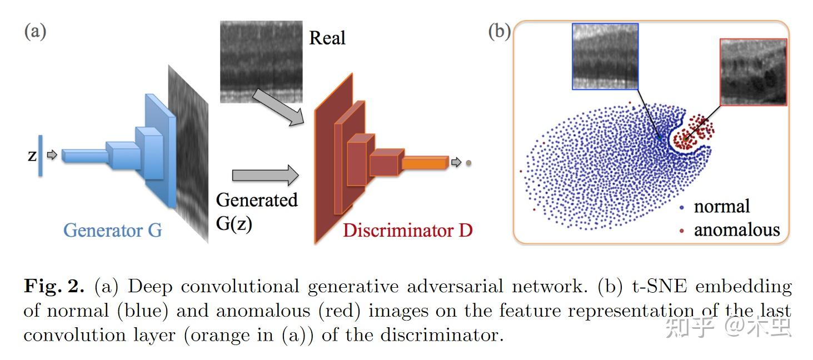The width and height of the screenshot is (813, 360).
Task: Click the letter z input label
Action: (x=32, y=156)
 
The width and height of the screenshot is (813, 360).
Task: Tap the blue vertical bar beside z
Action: (x=40, y=156)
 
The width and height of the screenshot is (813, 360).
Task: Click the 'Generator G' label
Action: (x=112, y=229)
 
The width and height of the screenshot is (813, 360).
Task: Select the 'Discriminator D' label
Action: (x=407, y=230)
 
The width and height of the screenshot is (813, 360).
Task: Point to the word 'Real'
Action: (x=327, y=38)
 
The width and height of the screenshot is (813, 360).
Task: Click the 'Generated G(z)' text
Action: (x=256, y=211)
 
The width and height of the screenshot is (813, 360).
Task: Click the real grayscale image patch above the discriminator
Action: (x=260, y=61)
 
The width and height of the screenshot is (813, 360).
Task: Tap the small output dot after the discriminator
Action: (x=469, y=163)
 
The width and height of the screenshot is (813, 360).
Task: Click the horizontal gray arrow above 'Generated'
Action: (x=265, y=176)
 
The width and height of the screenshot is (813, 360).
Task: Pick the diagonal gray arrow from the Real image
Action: (x=277, y=107)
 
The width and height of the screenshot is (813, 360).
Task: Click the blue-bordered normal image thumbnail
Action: (x=605, y=56)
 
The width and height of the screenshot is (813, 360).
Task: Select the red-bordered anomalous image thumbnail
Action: (x=753, y=72)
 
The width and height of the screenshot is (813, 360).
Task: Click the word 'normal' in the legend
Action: (x=721, y=207)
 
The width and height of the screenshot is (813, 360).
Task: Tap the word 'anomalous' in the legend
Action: (x=736, y=229)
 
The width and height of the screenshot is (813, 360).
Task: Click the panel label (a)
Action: (x=34, y=31)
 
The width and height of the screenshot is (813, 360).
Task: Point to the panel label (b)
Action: (x=499, y=31)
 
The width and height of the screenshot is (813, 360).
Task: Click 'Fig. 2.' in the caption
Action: (x=54, y=287)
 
